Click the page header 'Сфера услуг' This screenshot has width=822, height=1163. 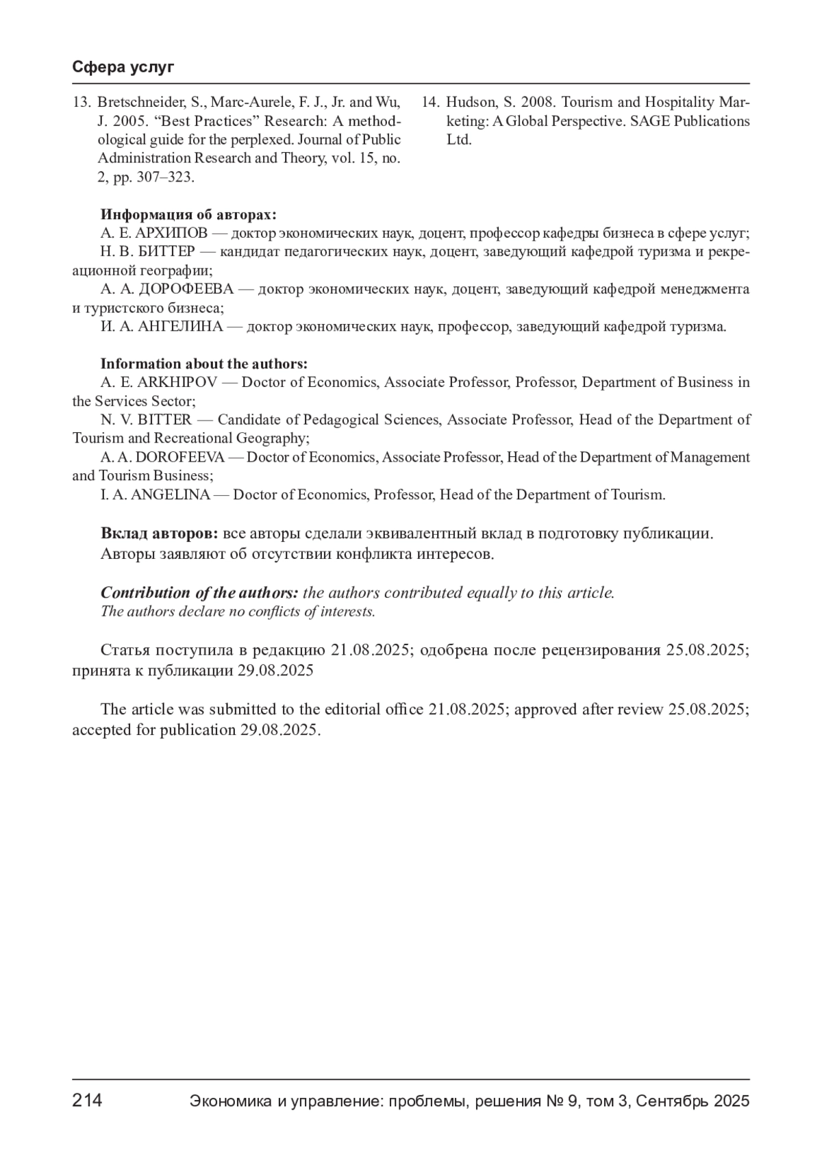(123, 67)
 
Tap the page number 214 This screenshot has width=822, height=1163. (88, 1101)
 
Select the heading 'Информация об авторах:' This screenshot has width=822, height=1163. (188, 214)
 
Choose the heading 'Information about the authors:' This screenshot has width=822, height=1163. (203, 364)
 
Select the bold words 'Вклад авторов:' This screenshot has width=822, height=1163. (160, 534)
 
